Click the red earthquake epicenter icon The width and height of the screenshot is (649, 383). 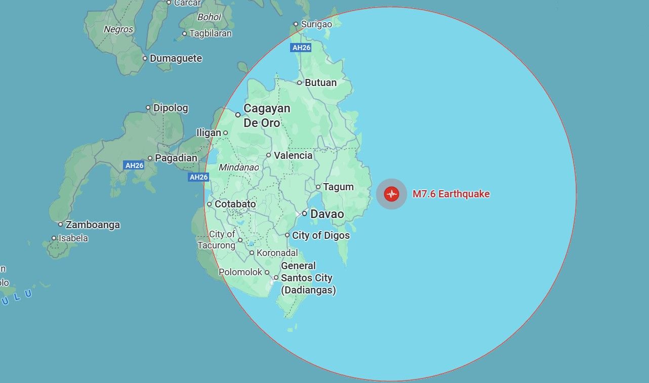(x=391, y=194)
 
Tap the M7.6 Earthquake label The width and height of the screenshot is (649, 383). (x=451, y=194)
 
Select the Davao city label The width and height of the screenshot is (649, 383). (x=327, y=214)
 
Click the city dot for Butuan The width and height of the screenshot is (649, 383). (x=300, y=82)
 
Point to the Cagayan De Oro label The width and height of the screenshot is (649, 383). (x=266, y=115)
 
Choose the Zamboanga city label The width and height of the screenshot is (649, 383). (x=93, y=225)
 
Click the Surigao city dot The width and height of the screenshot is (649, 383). (x=297, y=24)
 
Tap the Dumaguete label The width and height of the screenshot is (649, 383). (x=176, y=58)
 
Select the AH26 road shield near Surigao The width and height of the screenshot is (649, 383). (x=301, y=48)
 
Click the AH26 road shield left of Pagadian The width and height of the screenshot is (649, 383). (x=134, y=165)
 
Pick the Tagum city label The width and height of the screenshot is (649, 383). (x=338, y=187)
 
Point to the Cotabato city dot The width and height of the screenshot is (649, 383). (x=209, y=204)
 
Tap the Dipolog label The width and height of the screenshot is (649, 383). (x=171, y=108)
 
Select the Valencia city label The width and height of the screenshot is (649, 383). (x=293, y=155)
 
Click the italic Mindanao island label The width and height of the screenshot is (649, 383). (x=238, y=167)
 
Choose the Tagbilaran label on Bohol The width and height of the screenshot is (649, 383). (x=210, y=33)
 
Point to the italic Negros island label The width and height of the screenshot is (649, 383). (x=118, y=29)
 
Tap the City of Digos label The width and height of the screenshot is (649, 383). (x=320, y=235)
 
